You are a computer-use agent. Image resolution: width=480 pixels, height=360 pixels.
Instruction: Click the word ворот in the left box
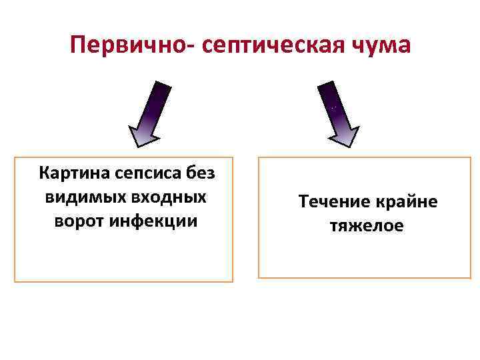click(x=79, y=221)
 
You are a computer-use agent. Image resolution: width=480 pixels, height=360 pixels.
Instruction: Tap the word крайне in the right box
click(x=408, y=201)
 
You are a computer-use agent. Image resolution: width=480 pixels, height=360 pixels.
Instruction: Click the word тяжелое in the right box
click(x=367, y=226)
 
